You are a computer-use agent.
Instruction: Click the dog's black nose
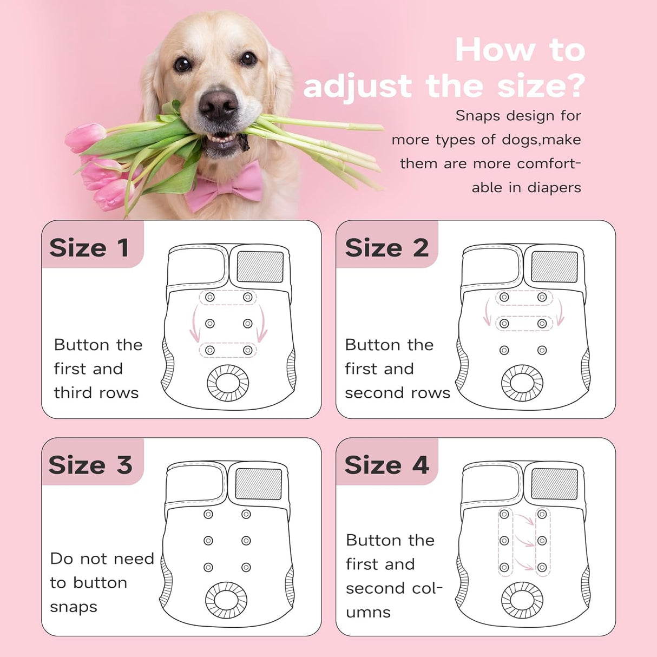point(219,105)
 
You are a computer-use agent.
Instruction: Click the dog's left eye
point(248,59)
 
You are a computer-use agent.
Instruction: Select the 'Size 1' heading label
point(89,248)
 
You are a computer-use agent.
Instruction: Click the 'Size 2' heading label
point(386,248)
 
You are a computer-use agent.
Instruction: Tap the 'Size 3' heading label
point(90,465)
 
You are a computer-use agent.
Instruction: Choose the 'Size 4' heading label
point(386,465)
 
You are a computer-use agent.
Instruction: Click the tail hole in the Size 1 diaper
point(228,383)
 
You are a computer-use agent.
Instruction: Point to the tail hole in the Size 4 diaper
point(522,600)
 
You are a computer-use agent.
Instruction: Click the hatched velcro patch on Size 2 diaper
point(554,267)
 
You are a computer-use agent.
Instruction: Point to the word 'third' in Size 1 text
point(73,393)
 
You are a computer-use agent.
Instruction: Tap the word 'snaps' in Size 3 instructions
point(74,607)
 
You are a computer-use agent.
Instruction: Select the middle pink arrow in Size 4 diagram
point(524,541)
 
